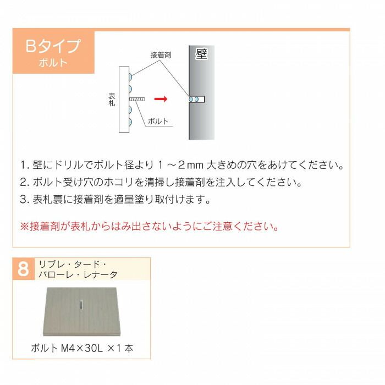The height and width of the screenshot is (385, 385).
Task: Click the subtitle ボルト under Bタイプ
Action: click(x=53, y=62)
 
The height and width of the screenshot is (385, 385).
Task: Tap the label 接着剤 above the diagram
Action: click(x=161, y=55)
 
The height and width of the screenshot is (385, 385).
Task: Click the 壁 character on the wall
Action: click(x=201, y=54)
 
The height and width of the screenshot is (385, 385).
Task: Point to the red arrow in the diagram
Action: click(x=160, y=100)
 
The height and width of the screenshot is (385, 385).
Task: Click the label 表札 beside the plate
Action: click(x=112, y=99)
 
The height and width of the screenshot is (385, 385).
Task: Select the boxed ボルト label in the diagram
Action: click(x=158, y=122)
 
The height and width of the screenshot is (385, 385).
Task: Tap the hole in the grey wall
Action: click(x=196, y=100)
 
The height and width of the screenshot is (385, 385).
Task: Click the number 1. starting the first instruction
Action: click(x=24, y=166)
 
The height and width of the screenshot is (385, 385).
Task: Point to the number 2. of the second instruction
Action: click(x=24, y=182)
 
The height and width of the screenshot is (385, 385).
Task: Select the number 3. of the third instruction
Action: click(x=24, y=199)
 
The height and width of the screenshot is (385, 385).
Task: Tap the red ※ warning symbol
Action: click(x=24, y=226)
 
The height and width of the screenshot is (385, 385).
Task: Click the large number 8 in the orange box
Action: click(x=23, y=269)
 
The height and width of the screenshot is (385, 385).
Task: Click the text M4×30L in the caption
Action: click(x=79, y=348)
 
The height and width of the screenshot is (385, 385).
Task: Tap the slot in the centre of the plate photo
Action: click(x=80, y=305)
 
